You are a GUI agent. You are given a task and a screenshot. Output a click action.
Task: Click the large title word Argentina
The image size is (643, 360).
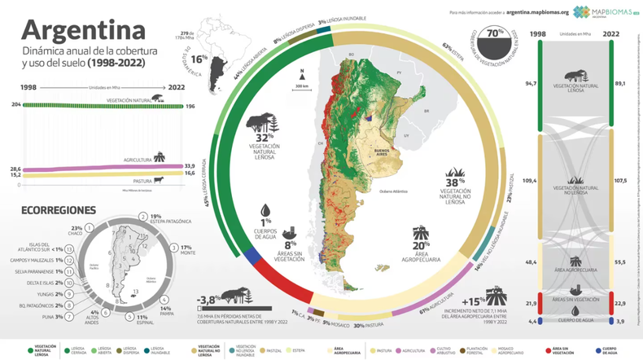point(77,30)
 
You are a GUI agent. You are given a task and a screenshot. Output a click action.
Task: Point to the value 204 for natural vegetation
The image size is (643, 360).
point(15,105)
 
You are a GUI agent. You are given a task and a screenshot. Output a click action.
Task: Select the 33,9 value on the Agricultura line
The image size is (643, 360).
point(190,165)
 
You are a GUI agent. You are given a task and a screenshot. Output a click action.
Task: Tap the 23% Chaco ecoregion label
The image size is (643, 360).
point(77,228)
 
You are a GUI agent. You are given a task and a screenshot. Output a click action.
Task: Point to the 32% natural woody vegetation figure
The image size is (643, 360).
point(265,138)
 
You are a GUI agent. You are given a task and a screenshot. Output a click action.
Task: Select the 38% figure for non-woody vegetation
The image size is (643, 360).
point(454,175)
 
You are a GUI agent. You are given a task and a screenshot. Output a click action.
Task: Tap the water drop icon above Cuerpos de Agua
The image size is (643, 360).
point(265,210)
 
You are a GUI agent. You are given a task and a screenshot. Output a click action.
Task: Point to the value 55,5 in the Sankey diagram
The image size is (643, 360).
point(620,262)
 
